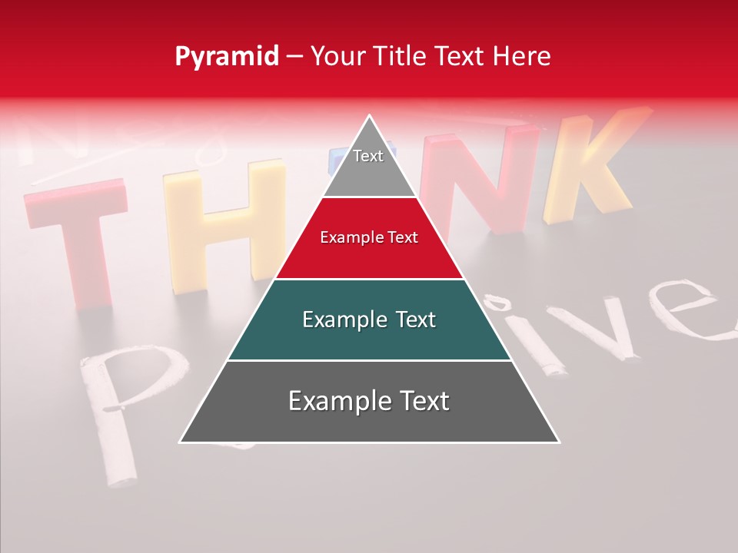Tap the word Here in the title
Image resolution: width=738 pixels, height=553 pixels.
(523, 57)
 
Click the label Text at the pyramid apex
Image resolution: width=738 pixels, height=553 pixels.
(368, 156)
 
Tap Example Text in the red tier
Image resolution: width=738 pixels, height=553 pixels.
(369, 238)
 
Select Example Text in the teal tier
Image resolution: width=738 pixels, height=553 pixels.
(369, 320)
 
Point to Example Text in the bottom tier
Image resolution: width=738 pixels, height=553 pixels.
(369, 401)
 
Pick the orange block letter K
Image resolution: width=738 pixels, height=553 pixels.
(588, 169)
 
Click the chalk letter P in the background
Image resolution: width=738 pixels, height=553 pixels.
(115, 407)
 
